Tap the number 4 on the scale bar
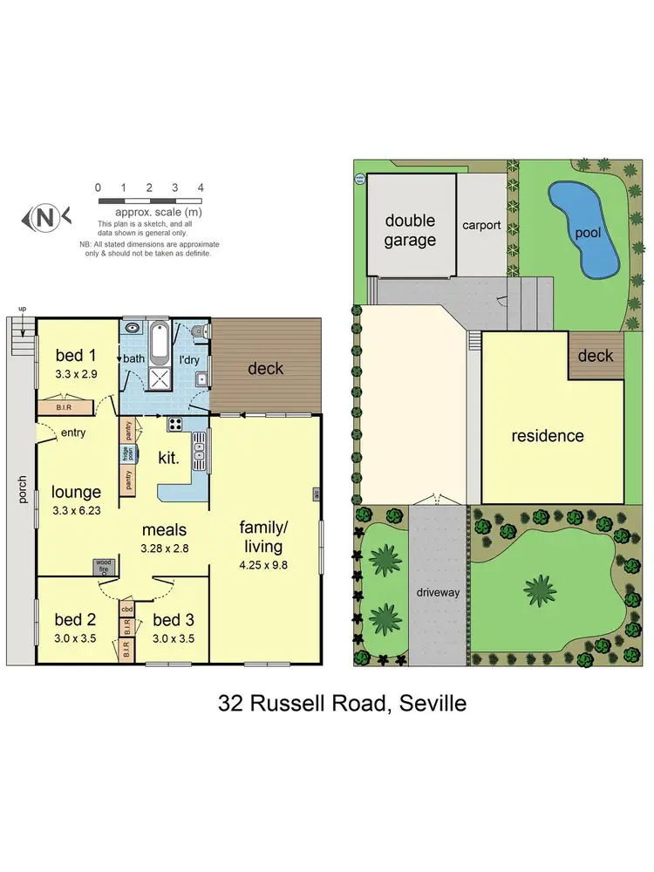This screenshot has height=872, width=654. click(201, 187)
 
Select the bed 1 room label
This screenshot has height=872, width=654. click(76, 355)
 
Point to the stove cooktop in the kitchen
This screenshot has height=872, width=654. click(174, 425)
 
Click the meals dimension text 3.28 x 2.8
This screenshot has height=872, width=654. click(166, 548)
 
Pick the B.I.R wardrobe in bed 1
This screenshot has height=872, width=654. click(58, 406)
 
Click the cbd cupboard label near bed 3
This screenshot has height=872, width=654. click(126, 610)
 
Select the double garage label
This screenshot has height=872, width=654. click(410, 230)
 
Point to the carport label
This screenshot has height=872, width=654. click(481, 225)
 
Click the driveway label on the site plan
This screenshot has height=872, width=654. click(439, 593)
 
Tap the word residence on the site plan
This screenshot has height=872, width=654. click(548, 436)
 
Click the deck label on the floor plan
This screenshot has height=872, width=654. click(265, 369)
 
